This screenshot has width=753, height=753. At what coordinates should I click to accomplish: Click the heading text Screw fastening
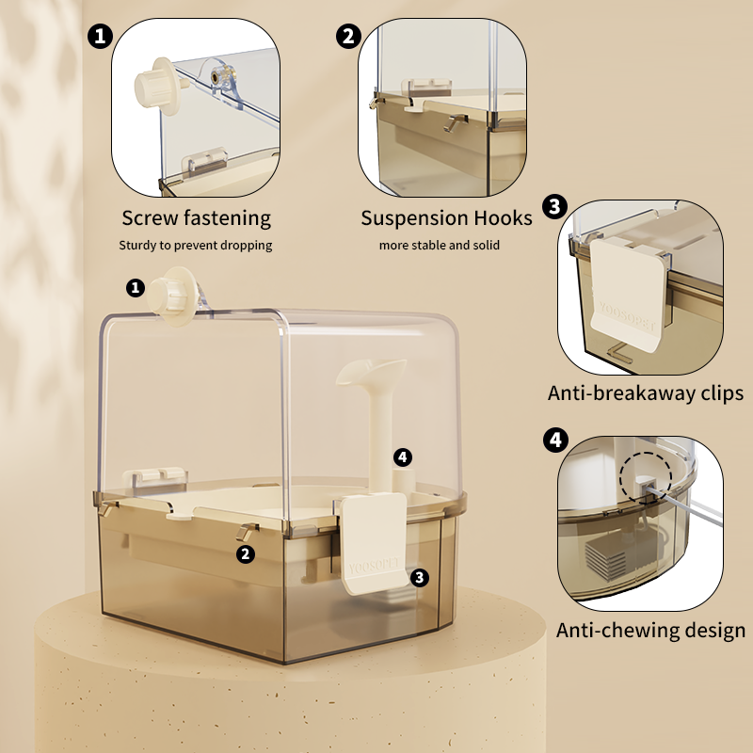click(196, 218)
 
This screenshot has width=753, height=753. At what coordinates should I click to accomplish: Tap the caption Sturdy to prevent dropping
click(196, 246)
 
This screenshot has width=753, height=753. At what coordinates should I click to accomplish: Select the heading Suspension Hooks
click(446, 218)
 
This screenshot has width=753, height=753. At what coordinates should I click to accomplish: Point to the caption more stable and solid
click(439, 246)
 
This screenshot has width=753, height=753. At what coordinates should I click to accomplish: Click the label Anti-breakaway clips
click(646, 393)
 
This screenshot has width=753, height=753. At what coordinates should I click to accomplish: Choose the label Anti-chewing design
click(650, 631)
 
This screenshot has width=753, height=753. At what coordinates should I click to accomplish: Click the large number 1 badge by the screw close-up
click(100, 37)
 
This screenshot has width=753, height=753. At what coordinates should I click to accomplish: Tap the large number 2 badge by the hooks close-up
click(348, 37)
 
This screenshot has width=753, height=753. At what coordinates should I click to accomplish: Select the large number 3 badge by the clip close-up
click(554, 206)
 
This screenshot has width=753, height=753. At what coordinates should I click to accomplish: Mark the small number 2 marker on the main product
click(246, 554)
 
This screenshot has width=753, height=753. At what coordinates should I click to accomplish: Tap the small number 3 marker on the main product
click(420, 578)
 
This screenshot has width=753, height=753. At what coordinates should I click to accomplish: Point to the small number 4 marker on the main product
click(403, 457)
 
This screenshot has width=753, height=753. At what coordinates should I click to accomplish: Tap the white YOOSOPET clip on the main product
click(374, 544)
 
